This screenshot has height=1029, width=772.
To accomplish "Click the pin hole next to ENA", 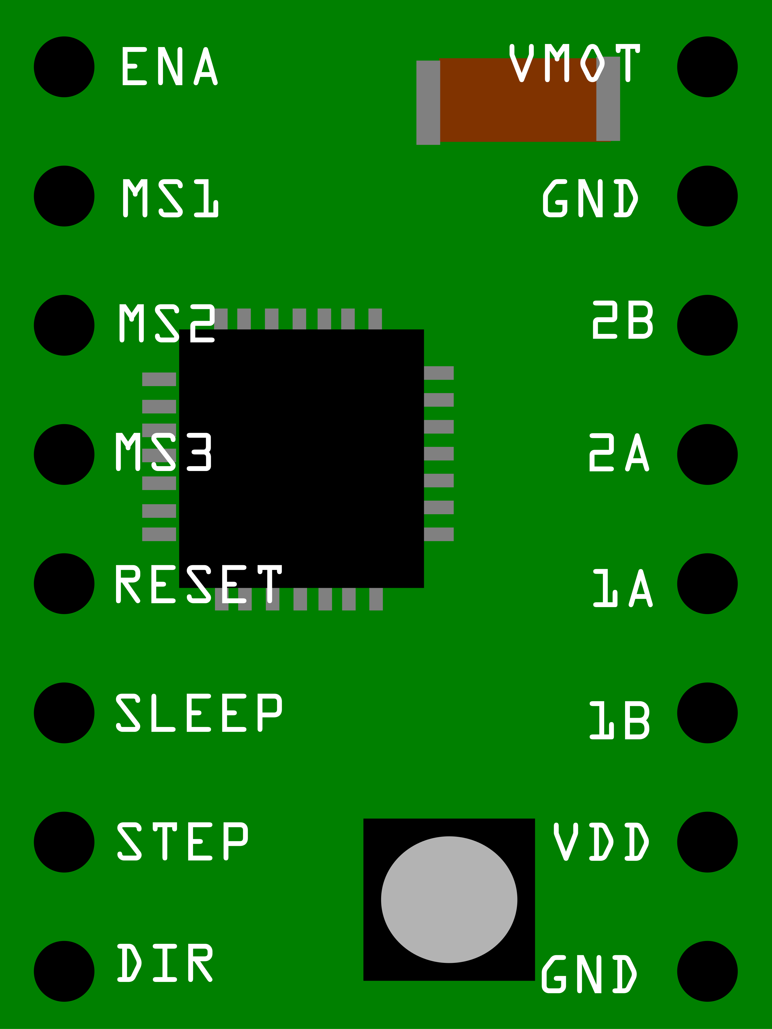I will tap(64, 67).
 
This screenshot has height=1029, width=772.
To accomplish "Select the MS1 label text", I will tap(170, 198).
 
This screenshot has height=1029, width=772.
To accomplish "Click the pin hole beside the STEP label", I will tap(64, 842).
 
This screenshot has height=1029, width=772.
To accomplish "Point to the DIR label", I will tap(165, 963).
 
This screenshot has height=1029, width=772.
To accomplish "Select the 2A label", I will tap(619, 453).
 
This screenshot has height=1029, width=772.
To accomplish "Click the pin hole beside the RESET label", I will tap(64, 583).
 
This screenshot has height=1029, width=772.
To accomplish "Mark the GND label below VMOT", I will tap(590, 198).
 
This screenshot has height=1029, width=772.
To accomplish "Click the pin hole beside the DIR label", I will tap(64, 971).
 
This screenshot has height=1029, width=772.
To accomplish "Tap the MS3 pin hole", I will tap(64, 455).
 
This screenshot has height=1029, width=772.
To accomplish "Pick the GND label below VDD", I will tap(589, 974).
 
